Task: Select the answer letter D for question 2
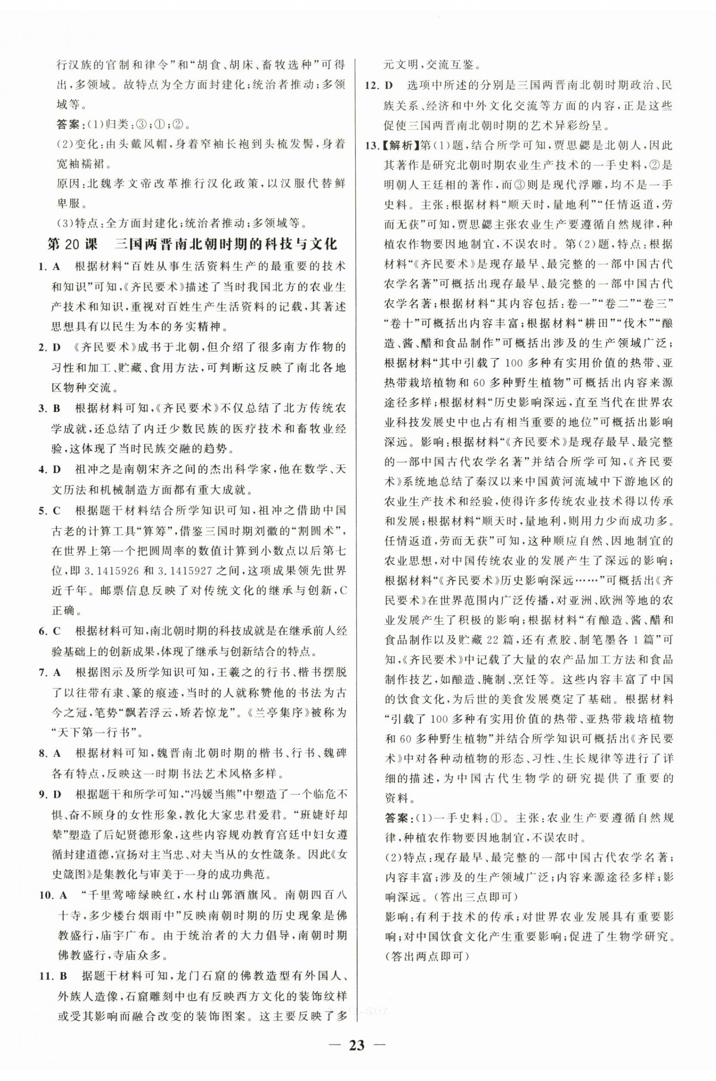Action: click(x=57, y=348)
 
